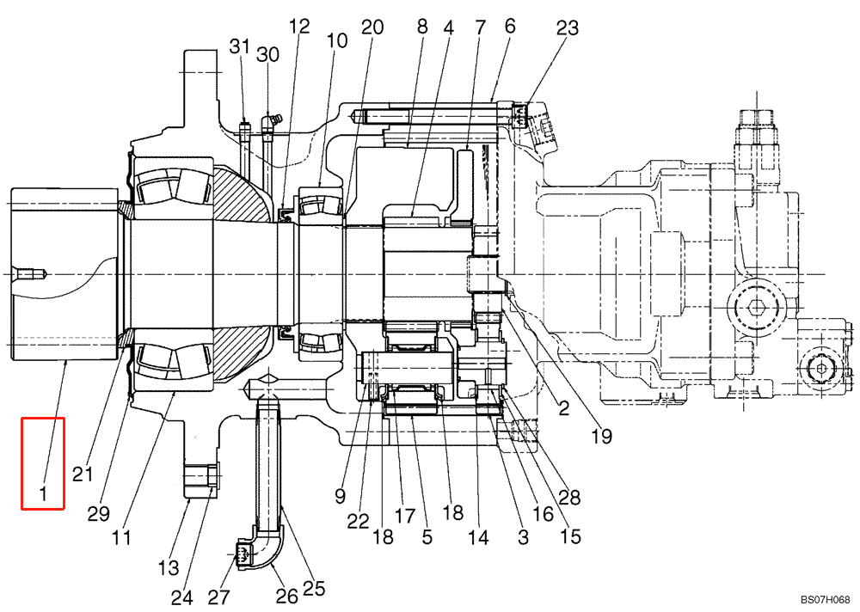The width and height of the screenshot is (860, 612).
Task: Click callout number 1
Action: (42, 493)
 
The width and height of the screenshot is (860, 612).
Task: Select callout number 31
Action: (241, 46)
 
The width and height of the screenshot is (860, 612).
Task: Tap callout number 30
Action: (267, 55)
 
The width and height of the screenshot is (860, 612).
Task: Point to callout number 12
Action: (298, 27)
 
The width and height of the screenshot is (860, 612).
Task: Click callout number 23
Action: (567, 27)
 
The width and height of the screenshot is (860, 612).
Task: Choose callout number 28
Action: (569, 497)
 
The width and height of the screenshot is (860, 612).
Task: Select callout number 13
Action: (169, 568)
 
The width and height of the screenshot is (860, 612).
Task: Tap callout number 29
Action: (98, 514)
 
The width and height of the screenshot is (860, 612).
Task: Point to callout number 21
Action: (83, 474)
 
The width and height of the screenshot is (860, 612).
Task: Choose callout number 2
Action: (563, 408)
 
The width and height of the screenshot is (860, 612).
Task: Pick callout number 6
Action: (510, 27)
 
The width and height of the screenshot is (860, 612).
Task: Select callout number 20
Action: (372, 27)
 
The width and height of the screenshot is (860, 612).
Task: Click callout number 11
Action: (121, 538)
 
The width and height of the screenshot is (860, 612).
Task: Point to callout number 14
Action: (478, 538)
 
